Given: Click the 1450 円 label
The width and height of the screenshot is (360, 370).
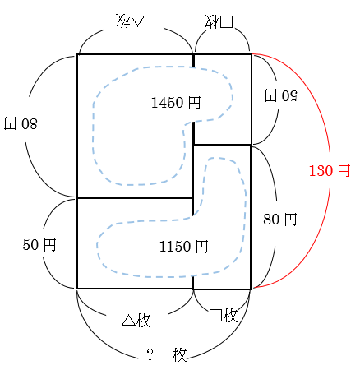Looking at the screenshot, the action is pos(176,103).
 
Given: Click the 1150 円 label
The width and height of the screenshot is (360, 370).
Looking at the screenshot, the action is pos(183,246).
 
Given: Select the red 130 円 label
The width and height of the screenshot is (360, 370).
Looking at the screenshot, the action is pos(330,171).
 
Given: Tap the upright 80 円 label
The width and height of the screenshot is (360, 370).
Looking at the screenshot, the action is pos(280,220).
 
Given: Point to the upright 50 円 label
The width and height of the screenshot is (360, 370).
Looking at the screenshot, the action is pos(39,244).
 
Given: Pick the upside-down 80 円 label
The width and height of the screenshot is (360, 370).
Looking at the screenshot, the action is pos(21,123).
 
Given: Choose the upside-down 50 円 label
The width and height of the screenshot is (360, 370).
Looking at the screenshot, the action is pos(280,95).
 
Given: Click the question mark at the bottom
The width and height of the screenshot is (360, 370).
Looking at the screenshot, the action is pos(150,354).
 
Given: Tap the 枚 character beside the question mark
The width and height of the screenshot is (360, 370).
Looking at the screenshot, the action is pos(179,355).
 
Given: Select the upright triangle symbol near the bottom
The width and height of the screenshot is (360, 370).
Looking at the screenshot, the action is pos(129,320).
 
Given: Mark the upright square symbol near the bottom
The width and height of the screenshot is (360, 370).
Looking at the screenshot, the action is pos(215,315).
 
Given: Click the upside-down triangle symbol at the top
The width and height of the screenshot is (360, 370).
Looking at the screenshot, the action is pos(137,21).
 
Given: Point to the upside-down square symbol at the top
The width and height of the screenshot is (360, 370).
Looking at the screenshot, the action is pos(226,22).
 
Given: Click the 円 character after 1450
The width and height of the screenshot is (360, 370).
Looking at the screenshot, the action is pos(194,103).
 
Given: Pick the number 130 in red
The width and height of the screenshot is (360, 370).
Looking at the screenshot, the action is pos(321,171).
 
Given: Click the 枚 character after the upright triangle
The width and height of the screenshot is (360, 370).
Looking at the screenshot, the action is pos(144,320).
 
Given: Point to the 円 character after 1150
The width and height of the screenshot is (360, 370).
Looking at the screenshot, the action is pos(201,246).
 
